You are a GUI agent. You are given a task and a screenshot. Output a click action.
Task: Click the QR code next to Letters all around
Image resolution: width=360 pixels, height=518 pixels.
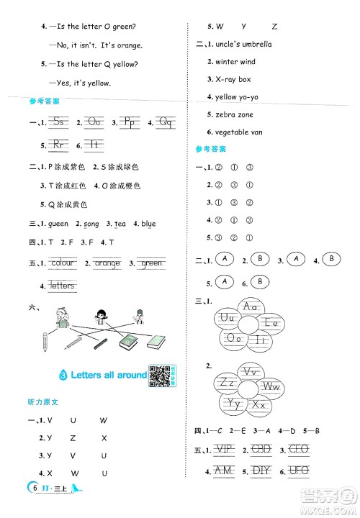coord(157,375)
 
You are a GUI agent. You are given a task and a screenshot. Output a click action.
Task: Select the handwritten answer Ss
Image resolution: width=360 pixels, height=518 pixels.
coord(60,122)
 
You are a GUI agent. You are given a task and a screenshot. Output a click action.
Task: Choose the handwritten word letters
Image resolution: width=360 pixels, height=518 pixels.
coord(63,286)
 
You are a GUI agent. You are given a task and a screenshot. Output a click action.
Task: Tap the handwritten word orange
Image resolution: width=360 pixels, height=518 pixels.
coord(107,263)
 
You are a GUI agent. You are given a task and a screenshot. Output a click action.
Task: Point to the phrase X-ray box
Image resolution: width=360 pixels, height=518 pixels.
coord(229,79)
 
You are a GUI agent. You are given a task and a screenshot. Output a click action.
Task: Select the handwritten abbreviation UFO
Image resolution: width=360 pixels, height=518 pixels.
coord(297,471)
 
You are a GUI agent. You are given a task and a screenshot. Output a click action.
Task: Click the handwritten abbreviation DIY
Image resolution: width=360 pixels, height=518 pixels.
coord(259,471)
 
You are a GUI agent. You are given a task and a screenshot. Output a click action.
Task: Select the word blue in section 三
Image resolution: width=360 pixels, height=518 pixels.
coord(148,224)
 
